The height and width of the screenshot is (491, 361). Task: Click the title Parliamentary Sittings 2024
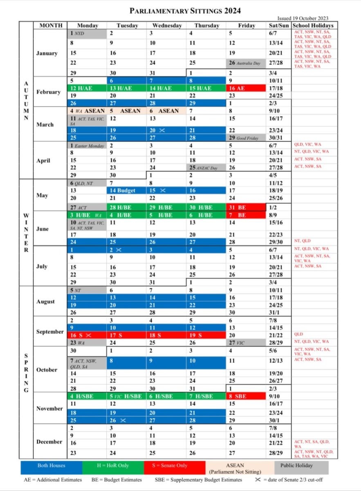(x=185, y=11)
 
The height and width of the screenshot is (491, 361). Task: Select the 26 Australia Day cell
(x=246, y=63)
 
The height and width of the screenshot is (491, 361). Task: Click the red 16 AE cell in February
(x=246, y=88)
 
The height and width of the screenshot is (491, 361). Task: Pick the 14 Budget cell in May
(x=127, y=191)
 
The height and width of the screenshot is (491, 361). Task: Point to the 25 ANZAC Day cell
(x=206, y=167)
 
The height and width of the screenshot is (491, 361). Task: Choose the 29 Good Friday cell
(x=246, y=138)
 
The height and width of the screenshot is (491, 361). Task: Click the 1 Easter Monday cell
(x=87, y=146)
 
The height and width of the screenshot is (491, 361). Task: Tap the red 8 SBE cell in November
(x=246, y=396)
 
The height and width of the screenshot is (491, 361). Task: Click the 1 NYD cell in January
(x=87, y=33)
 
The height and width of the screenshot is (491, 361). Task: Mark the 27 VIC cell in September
(x=246, y=343)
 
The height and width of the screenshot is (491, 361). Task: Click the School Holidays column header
(x=313, y=25)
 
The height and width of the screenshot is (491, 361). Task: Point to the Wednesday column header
(x=166, y=25)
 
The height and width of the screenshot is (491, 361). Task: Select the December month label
(x=49, y=442)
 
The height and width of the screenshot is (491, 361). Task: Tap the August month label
(x=45, y=302)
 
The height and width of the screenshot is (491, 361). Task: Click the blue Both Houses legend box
(x=51, y=466)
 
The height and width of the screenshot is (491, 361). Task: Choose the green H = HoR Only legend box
(x=113, y=466)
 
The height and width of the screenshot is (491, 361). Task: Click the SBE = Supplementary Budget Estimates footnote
(x=198, y=480)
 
